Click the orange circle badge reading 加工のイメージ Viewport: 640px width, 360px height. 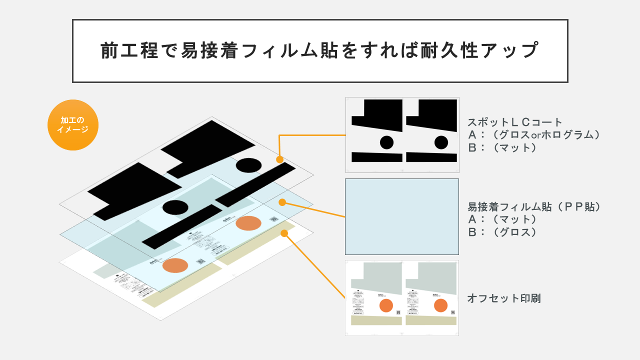pos(73,125)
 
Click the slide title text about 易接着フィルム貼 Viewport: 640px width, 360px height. pos(319,50)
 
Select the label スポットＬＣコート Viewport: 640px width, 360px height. pos(515,122)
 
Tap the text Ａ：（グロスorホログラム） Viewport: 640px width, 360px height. pos(533,134)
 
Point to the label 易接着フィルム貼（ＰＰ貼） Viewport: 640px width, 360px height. pos(533,206)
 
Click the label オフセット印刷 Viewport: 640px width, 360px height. pos(503,298)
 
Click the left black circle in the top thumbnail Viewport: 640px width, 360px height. pos(386,142)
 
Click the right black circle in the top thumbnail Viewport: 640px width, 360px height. pos(441,142)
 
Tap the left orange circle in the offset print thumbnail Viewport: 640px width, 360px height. pos(386,305)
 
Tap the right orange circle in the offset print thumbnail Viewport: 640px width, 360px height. pos(440,305)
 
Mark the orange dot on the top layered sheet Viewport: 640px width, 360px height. pos(279,159)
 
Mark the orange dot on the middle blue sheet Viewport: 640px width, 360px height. pos(282,202)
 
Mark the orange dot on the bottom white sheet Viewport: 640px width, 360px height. pos(284,233)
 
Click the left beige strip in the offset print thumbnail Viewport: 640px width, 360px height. pos(376,320)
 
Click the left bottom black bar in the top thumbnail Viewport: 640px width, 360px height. pos(377,157)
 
